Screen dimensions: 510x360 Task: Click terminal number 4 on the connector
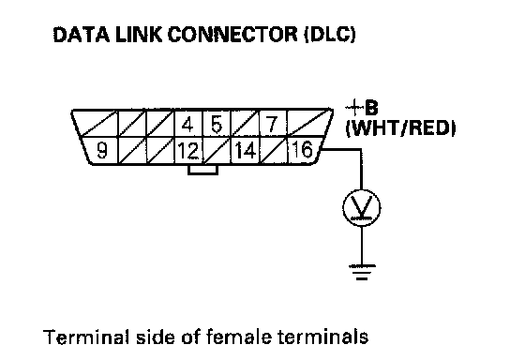[x=188, y=125]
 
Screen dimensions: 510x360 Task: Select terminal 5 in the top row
[x=217, y=125]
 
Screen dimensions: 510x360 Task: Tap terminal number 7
[x=273, y=124]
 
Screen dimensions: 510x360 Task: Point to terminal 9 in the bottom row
[x=101, y=150]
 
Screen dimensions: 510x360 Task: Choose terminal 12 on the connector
[x=188, y=151]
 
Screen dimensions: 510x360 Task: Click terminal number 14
[x=245, y=151]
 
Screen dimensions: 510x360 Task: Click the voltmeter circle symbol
[x=361, y=208]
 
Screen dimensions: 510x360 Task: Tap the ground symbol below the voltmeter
[x=362, y=272]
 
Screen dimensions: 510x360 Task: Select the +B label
[x=362, y=107]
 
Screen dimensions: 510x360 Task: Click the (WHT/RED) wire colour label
[x=400, y=128]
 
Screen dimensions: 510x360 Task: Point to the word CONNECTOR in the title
[x=232, y=34]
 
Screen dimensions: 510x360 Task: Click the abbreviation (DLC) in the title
[x=330, y=34]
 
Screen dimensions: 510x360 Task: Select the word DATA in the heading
[x=82, y=34]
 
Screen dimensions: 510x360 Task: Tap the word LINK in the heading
[x=139, y=34]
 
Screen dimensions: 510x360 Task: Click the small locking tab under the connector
[x=202, y=170]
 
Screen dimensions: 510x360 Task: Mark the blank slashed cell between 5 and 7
[x=245, y=124]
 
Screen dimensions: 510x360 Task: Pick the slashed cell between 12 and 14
[x=217, y=150]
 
